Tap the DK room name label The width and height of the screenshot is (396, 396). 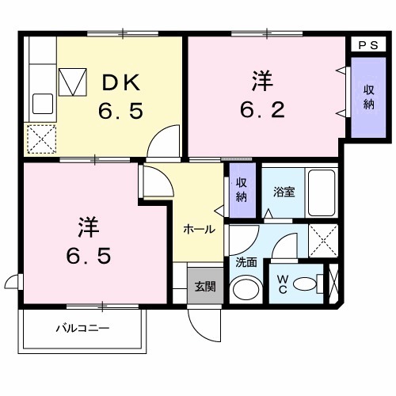(120, 81)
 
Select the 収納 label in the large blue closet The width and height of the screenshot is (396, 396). (368, 97)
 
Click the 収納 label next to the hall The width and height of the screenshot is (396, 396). (241, 190)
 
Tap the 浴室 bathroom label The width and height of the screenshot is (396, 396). (284, 191)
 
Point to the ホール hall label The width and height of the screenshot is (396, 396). (198, 230)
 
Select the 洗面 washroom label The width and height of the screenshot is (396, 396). (245, 261)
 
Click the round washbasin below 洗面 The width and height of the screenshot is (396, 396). (246, 288)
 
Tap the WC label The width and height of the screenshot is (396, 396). (283, 284)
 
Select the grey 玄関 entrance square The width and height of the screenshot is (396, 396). (204, 286)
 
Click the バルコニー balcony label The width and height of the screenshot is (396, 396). (82, 327)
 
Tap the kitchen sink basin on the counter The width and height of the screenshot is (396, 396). (41, 104)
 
